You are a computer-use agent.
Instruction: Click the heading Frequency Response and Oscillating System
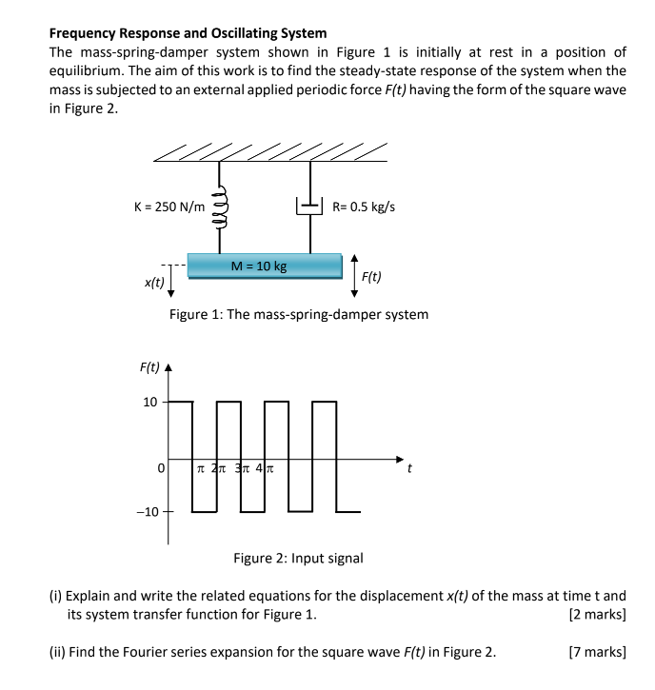coord(188,32)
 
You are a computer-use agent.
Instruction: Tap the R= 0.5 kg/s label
coord(363,206)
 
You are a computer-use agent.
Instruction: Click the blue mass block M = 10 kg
coord(264,266)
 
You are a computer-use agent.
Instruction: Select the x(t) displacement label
coord(152,283)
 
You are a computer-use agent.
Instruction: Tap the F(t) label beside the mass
coord(371,277)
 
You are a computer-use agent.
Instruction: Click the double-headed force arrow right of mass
coord(354,276)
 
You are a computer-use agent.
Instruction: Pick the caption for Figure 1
coord(298,314)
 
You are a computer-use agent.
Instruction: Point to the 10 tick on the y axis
coord(150,402)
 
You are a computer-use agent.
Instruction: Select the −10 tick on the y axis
coord(148,512)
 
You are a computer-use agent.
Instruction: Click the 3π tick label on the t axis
coord(243,468)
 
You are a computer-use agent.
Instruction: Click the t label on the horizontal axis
coord(409,469)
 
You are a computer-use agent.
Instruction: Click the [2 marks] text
coord(595,615)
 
